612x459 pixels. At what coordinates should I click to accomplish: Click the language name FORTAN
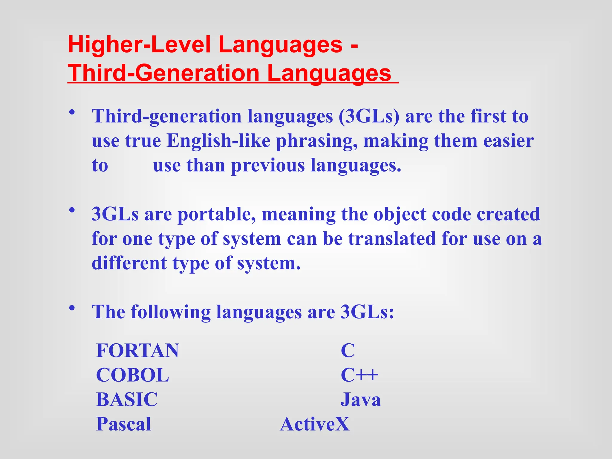pos(137,351)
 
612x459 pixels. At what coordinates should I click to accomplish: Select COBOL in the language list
pos(132,375)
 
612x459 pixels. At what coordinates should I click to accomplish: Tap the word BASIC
pos(127,400)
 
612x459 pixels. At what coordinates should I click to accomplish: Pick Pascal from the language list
pos(124,424)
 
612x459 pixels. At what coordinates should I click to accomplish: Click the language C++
pos(359,375)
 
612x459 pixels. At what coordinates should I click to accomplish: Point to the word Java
pos(361,400)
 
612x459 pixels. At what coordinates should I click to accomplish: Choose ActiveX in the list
pos(315,424)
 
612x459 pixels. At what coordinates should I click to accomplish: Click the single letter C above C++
pos(348,351)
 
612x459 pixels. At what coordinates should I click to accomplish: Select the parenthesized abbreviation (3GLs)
pos(369,116)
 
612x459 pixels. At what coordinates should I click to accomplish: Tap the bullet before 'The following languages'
pos(72,308)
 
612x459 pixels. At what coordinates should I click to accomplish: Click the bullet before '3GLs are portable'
pos(72,210)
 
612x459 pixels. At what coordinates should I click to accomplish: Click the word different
pos(129,264)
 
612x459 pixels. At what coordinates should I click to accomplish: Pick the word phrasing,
pos(317,141)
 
